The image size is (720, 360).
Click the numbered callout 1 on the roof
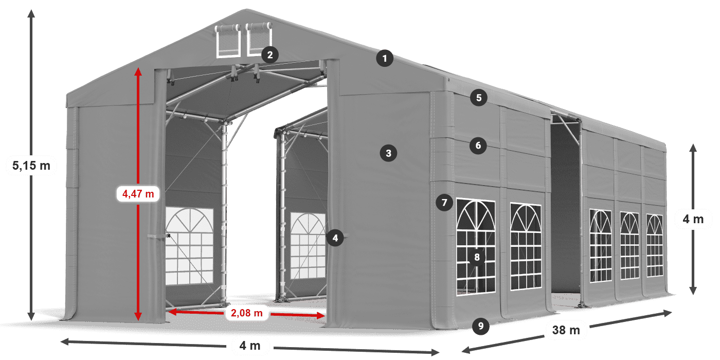tap(384, 59)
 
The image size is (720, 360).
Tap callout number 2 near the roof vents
tap(269, 55)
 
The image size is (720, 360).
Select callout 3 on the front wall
tap(388, 153)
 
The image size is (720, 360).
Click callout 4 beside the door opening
tap(335, 238)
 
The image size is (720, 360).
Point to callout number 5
tap(478, 98)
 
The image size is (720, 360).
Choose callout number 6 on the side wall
tap(478, 146)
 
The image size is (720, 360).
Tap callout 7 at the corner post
tap(444, 202)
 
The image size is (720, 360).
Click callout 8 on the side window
tap(477, 257)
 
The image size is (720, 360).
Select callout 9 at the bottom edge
tap(480, 325)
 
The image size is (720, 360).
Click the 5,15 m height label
tap(31, 166)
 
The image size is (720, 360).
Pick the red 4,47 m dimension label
tap(138, 194)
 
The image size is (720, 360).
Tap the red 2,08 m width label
tap(246, 312)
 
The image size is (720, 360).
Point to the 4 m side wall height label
tap(693, 220)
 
